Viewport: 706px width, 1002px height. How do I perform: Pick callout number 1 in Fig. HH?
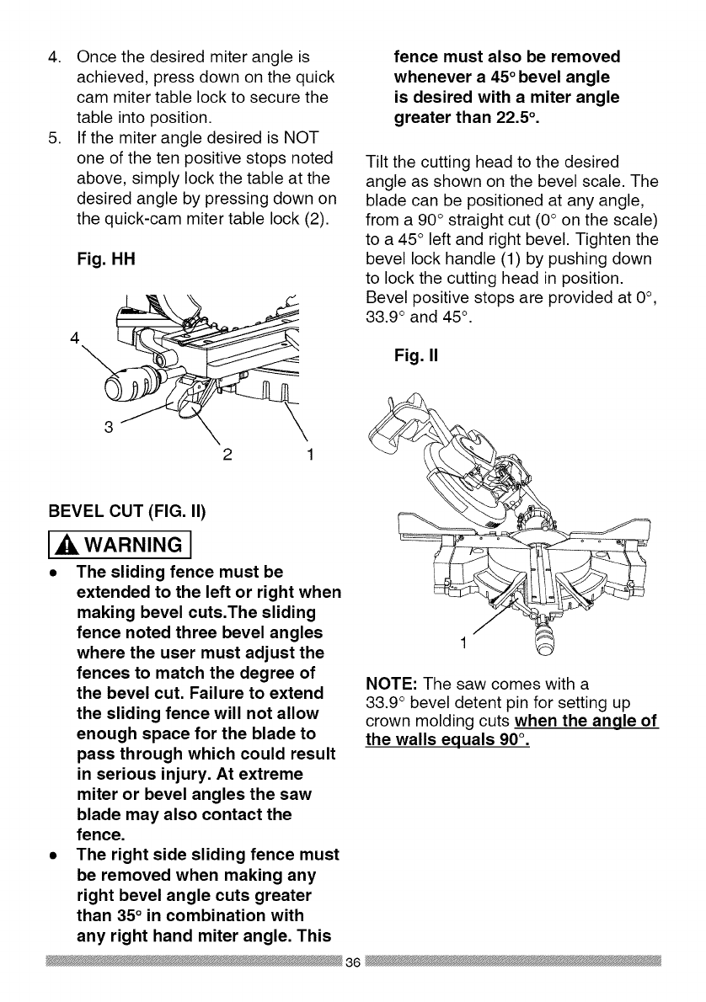pos(311,458)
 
